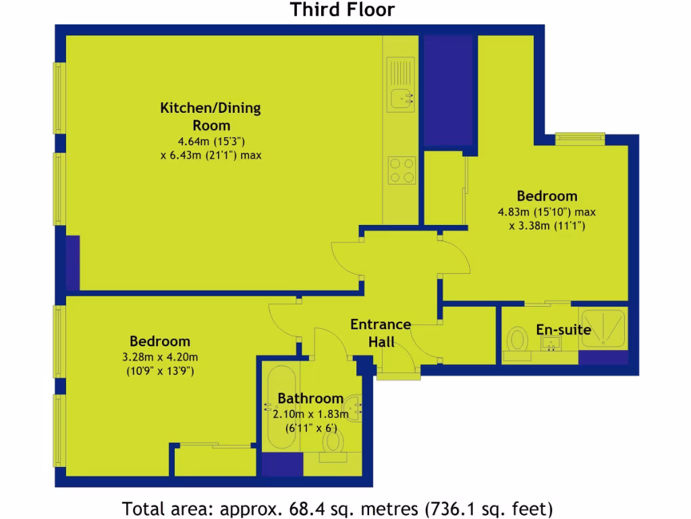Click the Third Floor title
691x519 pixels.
tap(342, 10)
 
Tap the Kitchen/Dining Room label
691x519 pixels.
tap(210, 116)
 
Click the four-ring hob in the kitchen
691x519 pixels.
tap(401, 170)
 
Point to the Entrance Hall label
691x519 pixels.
tap(381, 332)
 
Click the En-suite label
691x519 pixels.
tap(563, 330)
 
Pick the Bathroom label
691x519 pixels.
tap(310, 398)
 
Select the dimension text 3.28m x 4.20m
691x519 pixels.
tap(160, 357)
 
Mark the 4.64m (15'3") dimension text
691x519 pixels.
tap(210, 141)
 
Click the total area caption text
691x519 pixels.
tap(337, 507)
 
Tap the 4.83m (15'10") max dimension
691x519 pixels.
tap(547, 212)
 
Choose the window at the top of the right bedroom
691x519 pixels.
tap(580, 137)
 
